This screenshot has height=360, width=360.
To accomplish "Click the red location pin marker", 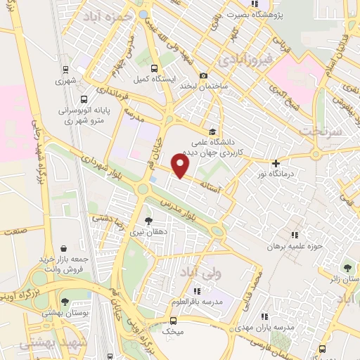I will [181, 166].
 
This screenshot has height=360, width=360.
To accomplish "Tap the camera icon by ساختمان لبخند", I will [204, 76].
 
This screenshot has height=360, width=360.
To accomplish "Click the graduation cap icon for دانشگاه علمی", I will [212, 131].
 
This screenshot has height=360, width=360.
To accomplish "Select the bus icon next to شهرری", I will [65, 70].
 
